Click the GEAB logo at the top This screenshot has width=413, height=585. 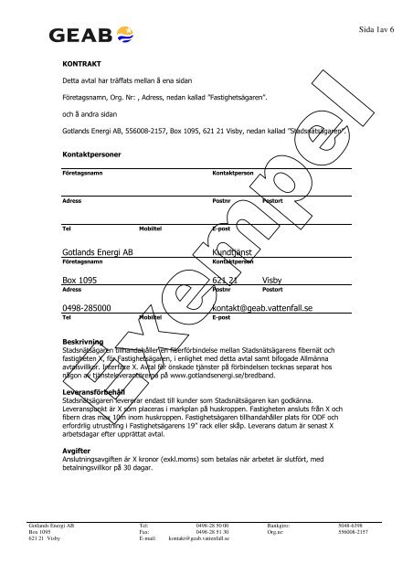pyautogui.click(x=95, y=37)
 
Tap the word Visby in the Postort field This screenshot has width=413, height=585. pyautogui.click(x=274, y=280)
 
